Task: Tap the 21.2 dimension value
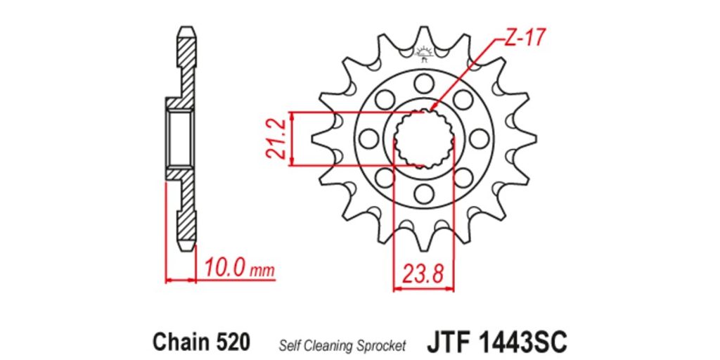click(276, 139)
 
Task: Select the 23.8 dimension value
click(423, 275)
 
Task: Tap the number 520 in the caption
click(233, 342)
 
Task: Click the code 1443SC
click(523, 342)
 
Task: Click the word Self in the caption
click(286, 345)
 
